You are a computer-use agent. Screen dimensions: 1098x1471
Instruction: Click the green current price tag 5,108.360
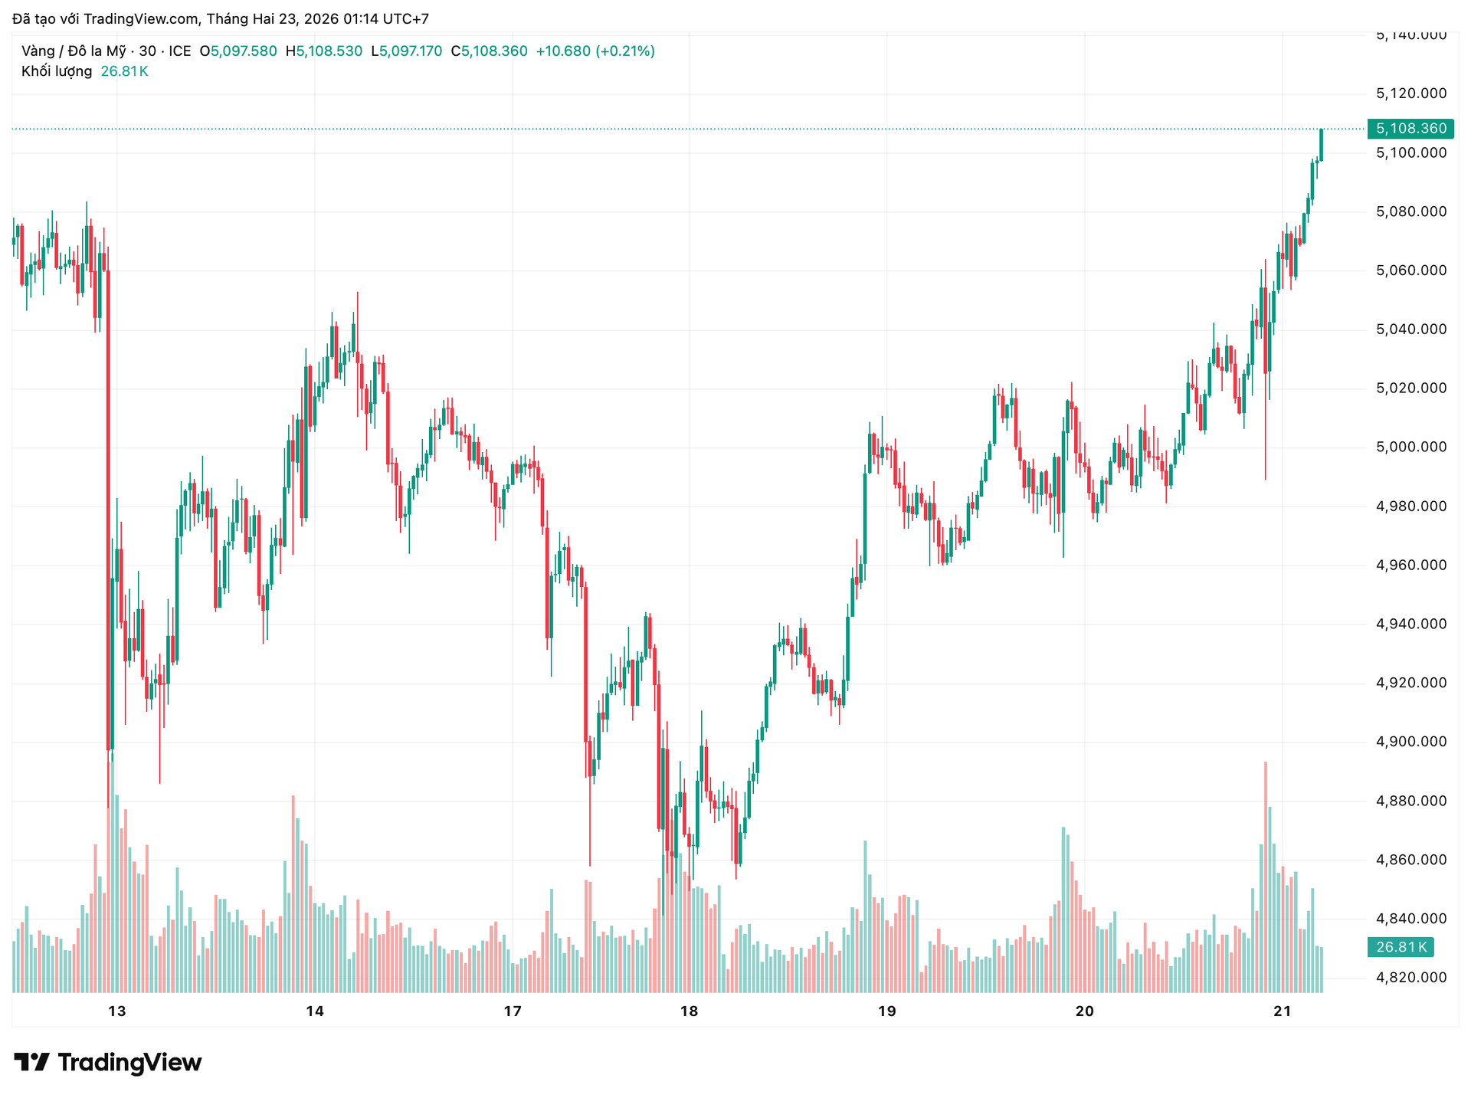tap(1410, 129)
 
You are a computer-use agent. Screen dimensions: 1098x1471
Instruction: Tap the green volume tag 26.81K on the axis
tap(1401, 947)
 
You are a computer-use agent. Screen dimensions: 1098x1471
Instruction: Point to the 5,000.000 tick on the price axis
tap(1411, 447)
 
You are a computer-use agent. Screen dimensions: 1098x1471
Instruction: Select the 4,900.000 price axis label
tap(1411, 741)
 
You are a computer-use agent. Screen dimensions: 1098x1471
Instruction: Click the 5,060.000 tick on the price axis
tap(1411, 270)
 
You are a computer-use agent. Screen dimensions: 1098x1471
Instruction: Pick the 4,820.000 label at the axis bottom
tap(1411, 977)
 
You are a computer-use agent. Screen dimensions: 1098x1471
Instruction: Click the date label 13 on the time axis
tap(116, 1011)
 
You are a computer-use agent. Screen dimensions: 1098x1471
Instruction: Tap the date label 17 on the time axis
tap(513, 1011)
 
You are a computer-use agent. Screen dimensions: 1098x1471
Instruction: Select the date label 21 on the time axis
tap(1283, 1011)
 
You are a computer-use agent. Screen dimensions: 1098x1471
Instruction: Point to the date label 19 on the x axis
tap(886, 1011)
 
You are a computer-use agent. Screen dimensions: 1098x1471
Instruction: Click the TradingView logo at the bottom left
tap(108, 1062)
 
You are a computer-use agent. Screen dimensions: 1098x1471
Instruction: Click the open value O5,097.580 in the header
tap(238, 51)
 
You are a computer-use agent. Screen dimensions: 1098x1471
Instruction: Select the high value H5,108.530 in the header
tap(324, 51)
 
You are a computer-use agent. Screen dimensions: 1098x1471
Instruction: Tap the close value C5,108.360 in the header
tap(489, 51)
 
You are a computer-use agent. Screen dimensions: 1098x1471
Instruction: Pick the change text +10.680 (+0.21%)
tap(595, 51)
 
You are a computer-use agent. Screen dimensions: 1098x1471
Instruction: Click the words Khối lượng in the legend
tap(57, 71)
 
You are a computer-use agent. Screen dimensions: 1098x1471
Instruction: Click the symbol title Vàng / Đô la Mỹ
tap(74, 51)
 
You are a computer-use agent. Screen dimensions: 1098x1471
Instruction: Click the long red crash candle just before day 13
tap(108, 506)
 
